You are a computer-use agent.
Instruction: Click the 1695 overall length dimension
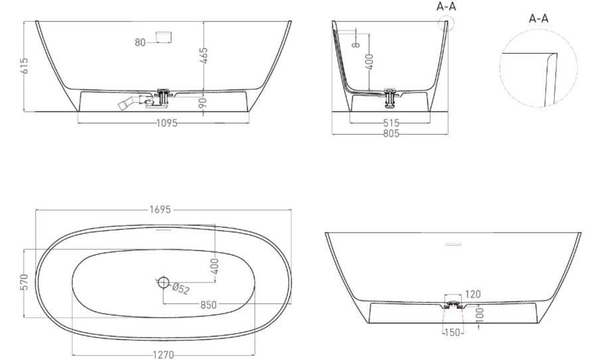click(x=160, y=210)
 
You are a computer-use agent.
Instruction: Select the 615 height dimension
click(x=25, y=66)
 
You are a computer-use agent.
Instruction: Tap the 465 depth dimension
click(x=204, y=56)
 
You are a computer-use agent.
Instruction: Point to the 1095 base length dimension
click(x=167, y=123)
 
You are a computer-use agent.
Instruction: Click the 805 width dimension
click(x=391, y=134)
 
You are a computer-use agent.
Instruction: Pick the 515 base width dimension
click(x=391, y=123)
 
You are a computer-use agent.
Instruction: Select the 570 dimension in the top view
click(x=25, y=282)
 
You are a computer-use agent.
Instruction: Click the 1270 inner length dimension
click(x=163, y=355)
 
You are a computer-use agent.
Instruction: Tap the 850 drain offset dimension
click(x=209, y=305)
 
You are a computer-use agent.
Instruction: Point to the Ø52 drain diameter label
click(x=181, y=289)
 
